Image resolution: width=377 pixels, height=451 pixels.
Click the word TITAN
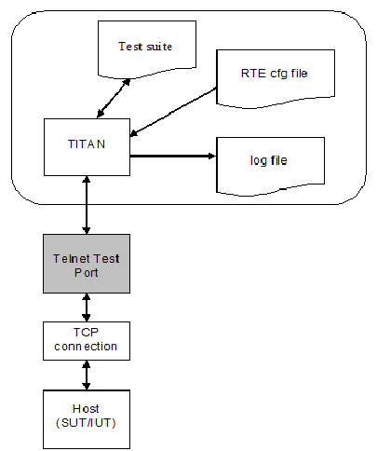tap(87, 144)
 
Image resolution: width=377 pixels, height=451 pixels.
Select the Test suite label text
tap(145, 47)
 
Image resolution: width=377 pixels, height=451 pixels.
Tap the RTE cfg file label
tap(275, 74)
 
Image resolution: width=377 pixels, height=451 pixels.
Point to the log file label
tap(268, 160)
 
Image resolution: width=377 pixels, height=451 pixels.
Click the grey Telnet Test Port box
tap(87, 264)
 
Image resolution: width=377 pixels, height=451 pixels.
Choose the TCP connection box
tap(87, 341)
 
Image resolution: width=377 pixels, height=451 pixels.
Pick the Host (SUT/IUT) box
tap(87, 419)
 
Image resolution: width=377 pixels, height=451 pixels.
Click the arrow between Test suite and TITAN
tap(114, 99)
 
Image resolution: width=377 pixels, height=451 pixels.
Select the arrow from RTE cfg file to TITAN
tap(173, 112)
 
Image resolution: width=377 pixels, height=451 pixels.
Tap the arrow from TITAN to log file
tap(173, 156)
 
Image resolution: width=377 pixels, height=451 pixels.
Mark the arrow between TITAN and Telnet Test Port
tap(87, 205)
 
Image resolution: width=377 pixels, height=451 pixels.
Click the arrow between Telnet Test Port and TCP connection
tap(87, 307)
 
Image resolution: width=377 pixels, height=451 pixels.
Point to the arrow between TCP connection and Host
tap(87, 376)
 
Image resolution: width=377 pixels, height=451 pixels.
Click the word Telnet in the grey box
tap(71, 259)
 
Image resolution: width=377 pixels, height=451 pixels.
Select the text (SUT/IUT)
tap(86, 423)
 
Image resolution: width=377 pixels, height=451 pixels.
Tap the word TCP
tap(86, 333)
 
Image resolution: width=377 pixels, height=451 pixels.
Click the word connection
tap(86, 347)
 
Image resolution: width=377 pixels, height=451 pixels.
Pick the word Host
tap(86, 409)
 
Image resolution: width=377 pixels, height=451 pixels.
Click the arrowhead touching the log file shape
tap(211, 156)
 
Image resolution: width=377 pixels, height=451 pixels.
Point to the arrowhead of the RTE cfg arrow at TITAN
tap(134, 133)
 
